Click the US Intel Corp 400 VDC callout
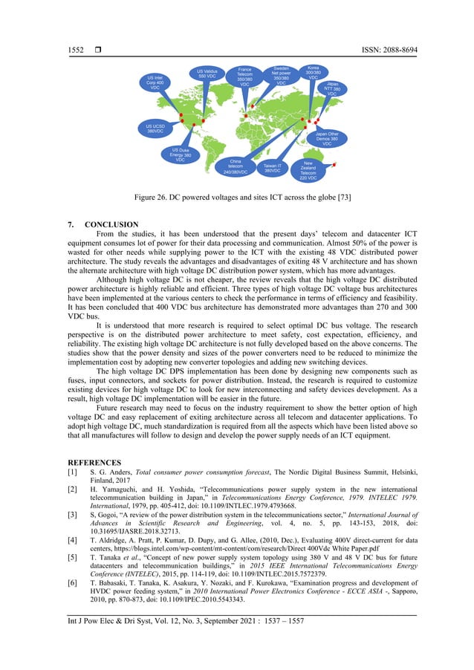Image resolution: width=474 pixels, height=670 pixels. click(155, 82)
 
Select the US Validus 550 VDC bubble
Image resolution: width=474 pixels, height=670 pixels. click(207, 74)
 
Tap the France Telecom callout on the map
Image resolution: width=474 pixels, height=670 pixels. click(245, 77)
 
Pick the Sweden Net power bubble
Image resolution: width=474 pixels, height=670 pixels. click(281, 74)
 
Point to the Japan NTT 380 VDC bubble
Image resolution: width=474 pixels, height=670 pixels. click(331, 88)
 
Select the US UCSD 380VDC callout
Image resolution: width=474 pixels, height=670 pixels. click(155, 129)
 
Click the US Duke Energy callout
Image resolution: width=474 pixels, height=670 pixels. click(181, 154)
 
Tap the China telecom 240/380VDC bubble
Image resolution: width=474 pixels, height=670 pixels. click(235, 166)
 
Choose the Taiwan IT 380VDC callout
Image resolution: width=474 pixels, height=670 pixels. click(272, 168)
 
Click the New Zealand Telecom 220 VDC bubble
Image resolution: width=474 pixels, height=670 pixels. click(308, 169)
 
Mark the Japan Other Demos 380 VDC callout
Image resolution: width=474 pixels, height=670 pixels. click(327, 139)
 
